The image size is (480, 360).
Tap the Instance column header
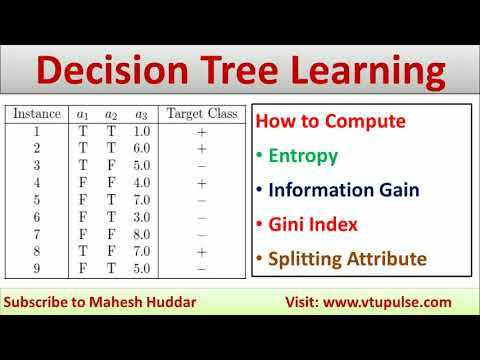coord(35,114)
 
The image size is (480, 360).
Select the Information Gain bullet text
coord(342,190)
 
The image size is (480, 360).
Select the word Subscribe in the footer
coord(39,302)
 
